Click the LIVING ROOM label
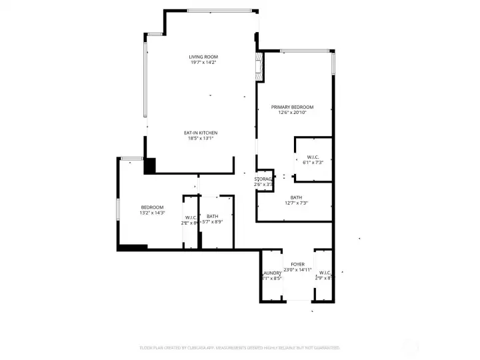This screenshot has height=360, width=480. point(203,57)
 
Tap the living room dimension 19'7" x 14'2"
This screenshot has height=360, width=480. point(203,63)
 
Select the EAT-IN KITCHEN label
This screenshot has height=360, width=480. point(201,133)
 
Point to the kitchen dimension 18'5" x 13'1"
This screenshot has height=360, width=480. point(201,139)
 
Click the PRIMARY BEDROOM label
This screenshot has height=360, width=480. point(291,107)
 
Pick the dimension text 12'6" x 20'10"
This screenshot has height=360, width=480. point(291,113)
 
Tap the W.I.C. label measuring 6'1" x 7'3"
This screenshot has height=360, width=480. point(313,157)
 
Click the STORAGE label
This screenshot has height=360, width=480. point(264,179)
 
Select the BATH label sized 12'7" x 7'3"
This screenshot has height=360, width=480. point(296,197)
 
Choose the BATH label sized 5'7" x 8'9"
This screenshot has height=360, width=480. point(212,216)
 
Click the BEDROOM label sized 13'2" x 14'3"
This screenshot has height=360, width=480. point(152,207)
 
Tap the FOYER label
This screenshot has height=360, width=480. point(297,265)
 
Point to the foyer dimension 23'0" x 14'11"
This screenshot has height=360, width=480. point(297,270)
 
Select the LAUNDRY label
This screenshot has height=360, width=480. point(271,273)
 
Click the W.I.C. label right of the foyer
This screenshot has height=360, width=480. point(325,273)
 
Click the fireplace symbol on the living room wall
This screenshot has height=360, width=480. point(258,66)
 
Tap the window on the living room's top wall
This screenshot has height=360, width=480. point(219,10)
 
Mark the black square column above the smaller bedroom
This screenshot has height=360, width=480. point(149,166)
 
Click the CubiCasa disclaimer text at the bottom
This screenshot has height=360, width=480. point(240,347)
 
